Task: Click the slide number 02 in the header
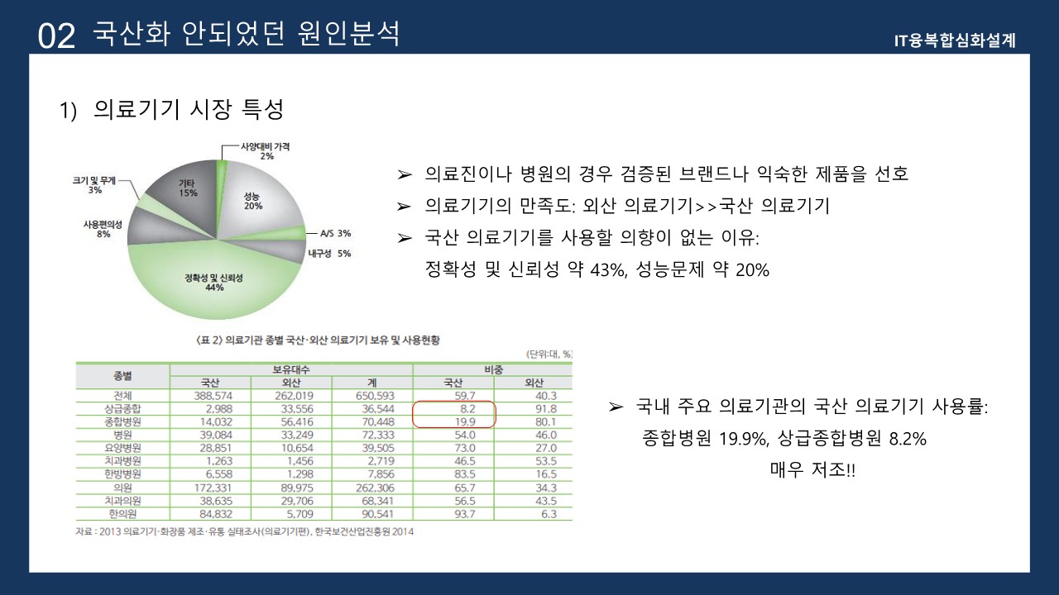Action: click(x=56, y=36)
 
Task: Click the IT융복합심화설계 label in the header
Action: click(x=955, y=40)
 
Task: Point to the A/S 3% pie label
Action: click(x=335, y=234)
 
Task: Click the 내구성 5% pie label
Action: click(x=328, y=254)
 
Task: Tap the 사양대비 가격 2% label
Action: click(x=265, y=150)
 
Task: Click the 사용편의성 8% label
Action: click(x=103, y=229)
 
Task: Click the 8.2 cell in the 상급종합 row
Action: click(x=463, y=409)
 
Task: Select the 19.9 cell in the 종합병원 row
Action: click(x=463, y=421)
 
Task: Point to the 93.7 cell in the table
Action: click(x=463, y=514)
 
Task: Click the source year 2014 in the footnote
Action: click(x=402, y=531)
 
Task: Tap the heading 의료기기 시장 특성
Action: click(x=189, y=110)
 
